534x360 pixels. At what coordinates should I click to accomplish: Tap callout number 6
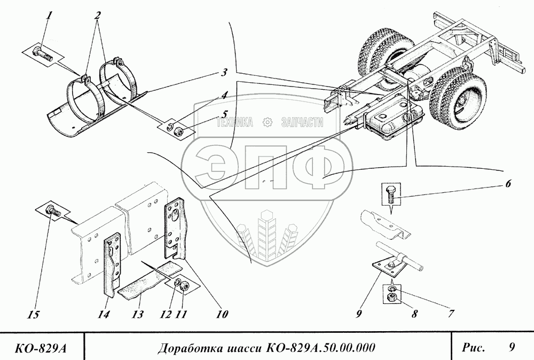(x=507, y=184)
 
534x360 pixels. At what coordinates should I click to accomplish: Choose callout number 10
(x=221, y=314)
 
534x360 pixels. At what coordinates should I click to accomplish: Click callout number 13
(x=136, y=314)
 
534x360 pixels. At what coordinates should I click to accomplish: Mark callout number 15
(x=33, y=315)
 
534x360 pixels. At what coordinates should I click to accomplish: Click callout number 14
(x=105, y=315)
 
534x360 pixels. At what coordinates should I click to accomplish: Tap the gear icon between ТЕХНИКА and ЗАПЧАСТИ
(x=268, y=123)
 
